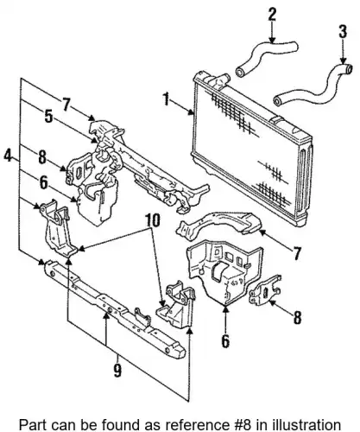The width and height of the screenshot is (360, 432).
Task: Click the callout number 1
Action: tap(166, 98)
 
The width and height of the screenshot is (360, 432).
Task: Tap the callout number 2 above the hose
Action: tap(272, 15)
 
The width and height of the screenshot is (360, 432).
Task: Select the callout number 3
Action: tap(343, 32)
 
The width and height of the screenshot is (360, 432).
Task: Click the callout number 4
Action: tap(8, 156)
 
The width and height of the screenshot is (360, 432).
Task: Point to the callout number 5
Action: tap(48, 117)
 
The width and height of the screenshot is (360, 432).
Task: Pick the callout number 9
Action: tap(117, 370)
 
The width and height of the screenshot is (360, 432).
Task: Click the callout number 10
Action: tap(153, 221)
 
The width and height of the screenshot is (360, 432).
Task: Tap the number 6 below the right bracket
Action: tap(225, 341)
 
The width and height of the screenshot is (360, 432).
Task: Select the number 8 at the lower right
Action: tap(297, 318)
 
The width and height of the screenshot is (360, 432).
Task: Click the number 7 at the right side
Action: tap(297, 253)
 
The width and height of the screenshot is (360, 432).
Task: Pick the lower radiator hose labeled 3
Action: tap(313, 85)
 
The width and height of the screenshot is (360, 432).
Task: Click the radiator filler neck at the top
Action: tap(221, 80)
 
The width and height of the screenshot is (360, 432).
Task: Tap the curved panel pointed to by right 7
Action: tap(218, 225)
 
